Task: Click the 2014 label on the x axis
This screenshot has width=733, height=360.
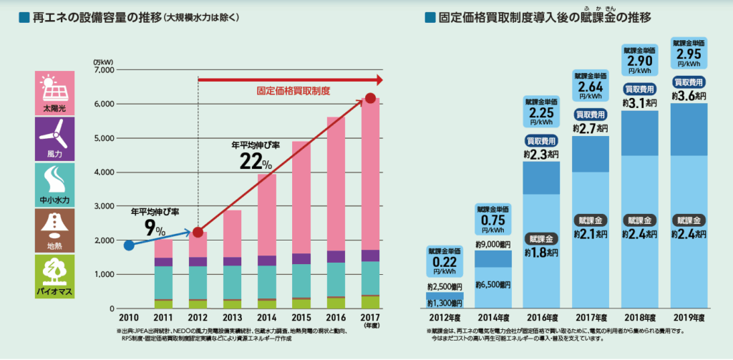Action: pyautogui.click(x=266, y=316)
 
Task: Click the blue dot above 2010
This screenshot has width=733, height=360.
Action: pyautogui.click(x=129, y=245)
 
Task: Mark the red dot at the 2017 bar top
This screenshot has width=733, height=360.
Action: pyautogui.click(x=369, y=99)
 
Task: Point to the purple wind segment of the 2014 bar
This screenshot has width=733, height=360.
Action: pyautogui.click(x=266, y=261)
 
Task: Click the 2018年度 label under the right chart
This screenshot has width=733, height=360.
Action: pyautogui.click(x=642, y=317)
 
